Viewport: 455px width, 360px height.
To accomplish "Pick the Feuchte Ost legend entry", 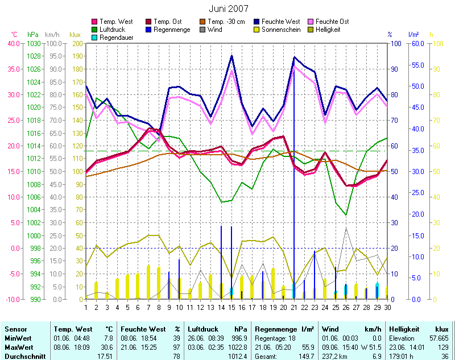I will (336, 22).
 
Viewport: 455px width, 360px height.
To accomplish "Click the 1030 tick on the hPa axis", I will (34, 43).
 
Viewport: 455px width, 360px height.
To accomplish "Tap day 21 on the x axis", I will (294, 308).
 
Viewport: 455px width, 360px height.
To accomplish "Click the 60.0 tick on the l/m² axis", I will (417, 43).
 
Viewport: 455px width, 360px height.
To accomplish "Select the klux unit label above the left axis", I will (75, 34).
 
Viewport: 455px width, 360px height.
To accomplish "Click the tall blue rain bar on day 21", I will (294, 171).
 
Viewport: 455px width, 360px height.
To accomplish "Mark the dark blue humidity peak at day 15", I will (231, 56).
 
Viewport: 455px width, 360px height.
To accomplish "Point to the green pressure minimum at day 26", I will (346, 215).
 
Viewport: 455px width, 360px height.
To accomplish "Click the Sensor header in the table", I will (15, 329).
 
